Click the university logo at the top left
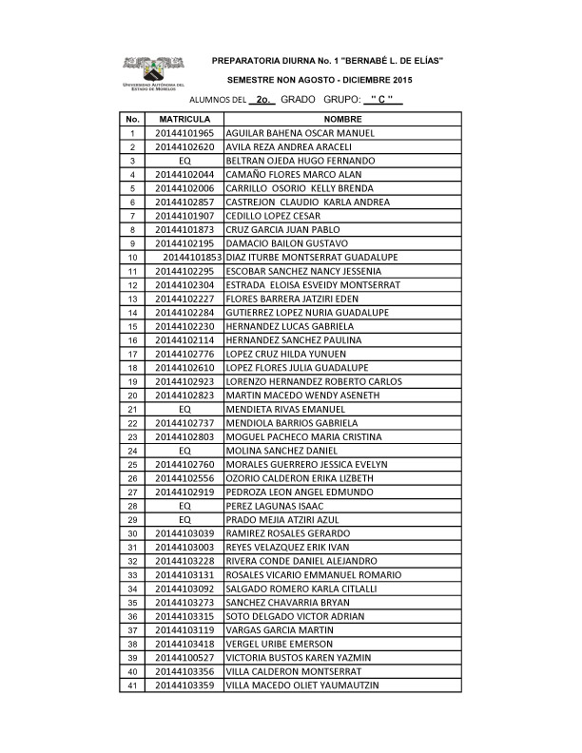(x=152, y=72)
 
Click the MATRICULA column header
(x=184, y=120)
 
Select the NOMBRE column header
(x=342, y=120)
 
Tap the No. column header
(x=132, y=120)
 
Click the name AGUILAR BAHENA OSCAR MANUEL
(x=300, y=133)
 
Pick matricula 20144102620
(x=184, y=147)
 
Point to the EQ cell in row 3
(x=184, y=161)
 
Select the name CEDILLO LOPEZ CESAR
(x=273, y=216)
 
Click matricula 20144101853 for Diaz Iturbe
(x=192, y=258)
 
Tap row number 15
(x=132, y=326)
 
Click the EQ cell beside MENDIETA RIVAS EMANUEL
(x=184, y=409)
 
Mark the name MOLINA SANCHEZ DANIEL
(x=281, y=450)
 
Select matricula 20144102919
(x=184, y=492)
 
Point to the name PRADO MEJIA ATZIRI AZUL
(x=284, y=519)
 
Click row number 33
(x=132, y=574)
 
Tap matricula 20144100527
(x=184, y=657)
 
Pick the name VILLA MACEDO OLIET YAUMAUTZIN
(x=302, y=685)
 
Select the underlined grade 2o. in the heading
(x=267, y=99)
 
